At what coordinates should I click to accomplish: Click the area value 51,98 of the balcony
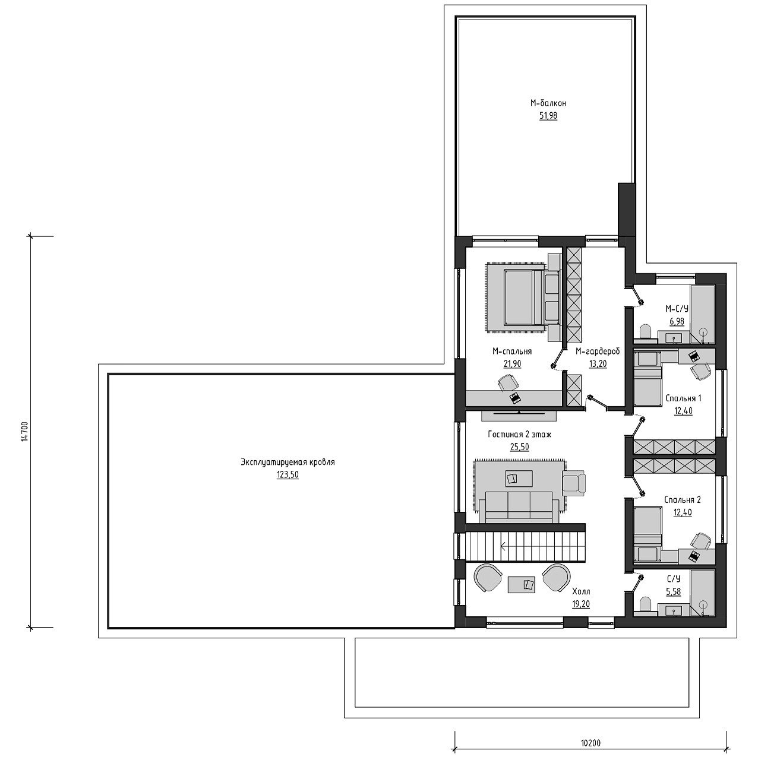[x=548, y=116]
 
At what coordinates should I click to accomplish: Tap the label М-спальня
[x=512, y=351]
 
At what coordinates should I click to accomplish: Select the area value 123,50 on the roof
[x=288, y=475]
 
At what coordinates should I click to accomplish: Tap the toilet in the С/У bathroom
[x=645, y=605]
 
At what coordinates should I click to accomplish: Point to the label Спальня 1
[x=683, y=398]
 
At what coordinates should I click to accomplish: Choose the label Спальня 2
[x=682, y=500]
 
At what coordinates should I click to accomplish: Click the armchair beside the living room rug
[x=574, y=482]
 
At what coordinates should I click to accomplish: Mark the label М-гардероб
[x=598, y=351]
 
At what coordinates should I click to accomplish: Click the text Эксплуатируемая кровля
[x=288, y=462]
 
